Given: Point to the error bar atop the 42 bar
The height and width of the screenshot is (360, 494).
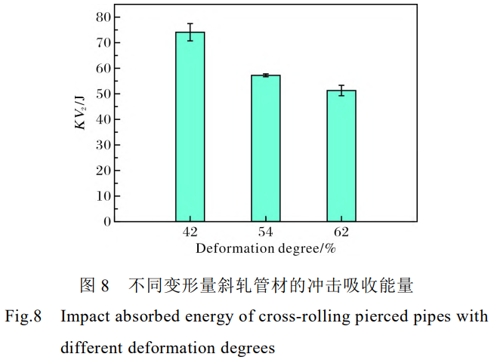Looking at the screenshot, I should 190,32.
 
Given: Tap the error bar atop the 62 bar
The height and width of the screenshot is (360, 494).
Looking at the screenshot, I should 341,91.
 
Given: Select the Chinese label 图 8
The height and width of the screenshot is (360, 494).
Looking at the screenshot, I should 94,286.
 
